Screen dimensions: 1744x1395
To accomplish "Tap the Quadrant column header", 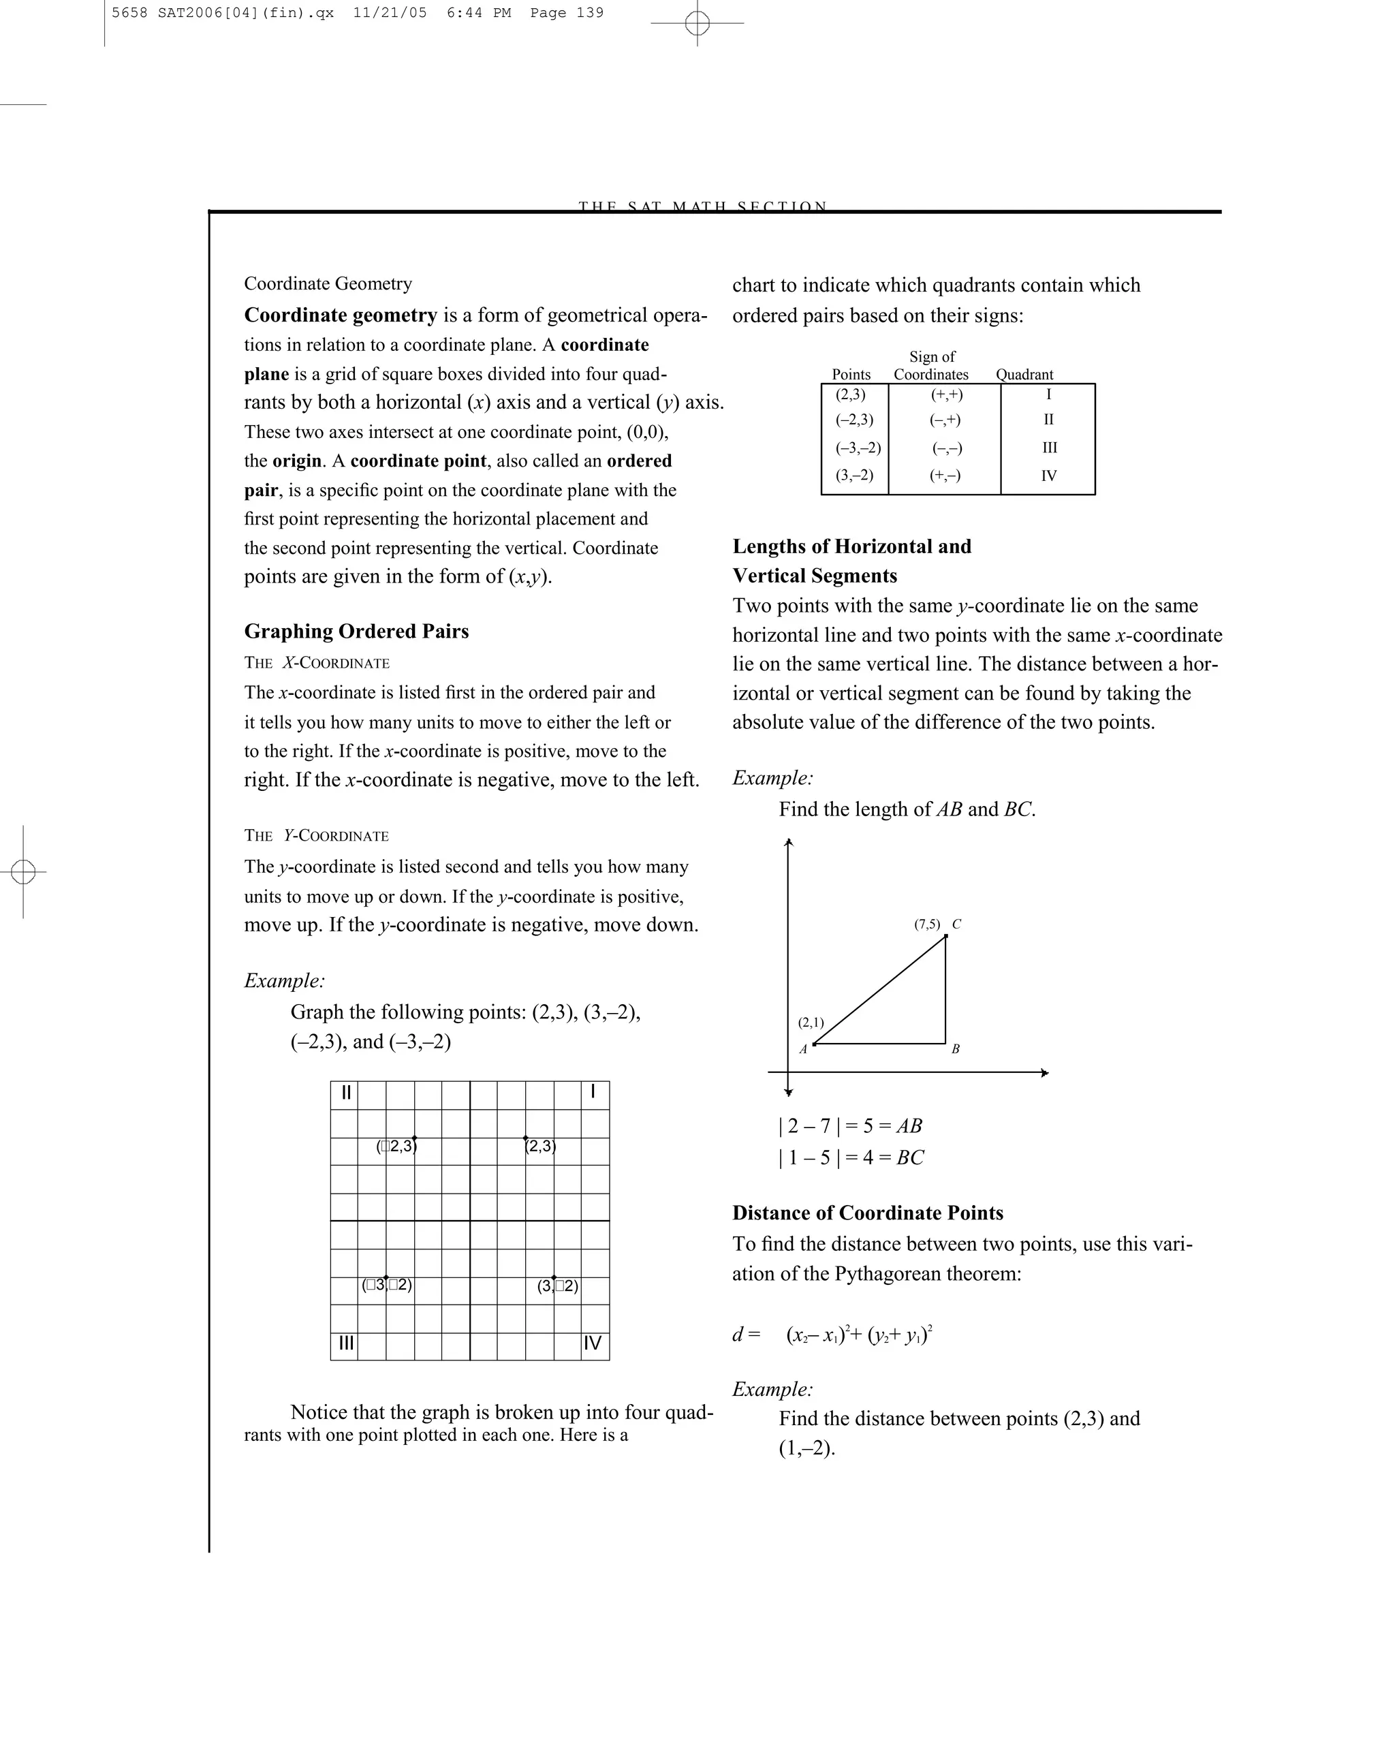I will tap(1024, 375).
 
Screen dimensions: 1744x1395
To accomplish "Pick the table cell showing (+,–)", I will tap(945, 476).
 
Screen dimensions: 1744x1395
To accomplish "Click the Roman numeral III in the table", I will tap(1049, 448).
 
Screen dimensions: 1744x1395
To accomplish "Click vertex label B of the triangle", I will tap(955, 1049).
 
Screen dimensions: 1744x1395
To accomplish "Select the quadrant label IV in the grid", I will tap(592, 1343).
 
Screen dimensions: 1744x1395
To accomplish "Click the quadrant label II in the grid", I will tap(346, 1093).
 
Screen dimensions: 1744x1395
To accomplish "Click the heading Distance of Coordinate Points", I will tap(867, 1213).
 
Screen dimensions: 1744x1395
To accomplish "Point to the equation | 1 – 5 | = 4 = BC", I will tap(851, 1157).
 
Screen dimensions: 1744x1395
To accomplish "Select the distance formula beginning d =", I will tap(833, 1335).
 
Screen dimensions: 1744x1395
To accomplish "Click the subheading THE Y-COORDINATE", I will tap(316, 836).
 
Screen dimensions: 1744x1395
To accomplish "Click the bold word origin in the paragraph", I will tap(297, 461).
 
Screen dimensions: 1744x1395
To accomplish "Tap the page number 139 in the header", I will tap(590, 13).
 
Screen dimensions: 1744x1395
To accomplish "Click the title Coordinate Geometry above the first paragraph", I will tap(328, 284).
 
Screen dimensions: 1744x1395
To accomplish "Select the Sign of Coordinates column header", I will tap(931, 366).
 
